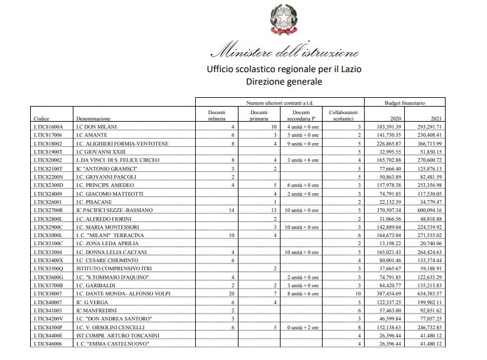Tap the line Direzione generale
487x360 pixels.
point(284,81)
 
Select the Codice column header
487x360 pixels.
point(41,118)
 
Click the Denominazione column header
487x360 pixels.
point(93,118)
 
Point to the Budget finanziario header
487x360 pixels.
point(405,102)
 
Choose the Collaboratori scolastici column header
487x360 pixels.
point(343,115)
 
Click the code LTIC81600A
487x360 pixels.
point(48,127)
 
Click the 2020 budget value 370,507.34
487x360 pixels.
point(387,210)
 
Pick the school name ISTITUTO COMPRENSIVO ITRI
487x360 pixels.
point(110,268)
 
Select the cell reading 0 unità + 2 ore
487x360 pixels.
point(302,327)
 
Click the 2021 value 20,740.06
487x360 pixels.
point(429,243)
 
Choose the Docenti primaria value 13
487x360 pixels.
point(273,210)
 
